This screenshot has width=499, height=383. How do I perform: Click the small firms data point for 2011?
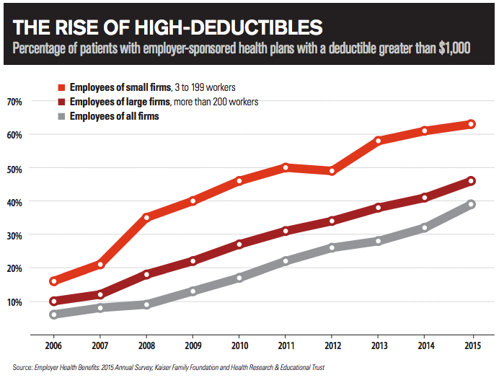(x=286, y=167)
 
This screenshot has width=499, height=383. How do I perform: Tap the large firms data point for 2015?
(x=472, y=180)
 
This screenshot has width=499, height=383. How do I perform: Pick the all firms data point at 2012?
(x=332, y=247)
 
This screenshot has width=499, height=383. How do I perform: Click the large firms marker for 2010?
(x=239, y=244)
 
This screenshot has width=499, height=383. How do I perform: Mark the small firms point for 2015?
(x=472, y=124)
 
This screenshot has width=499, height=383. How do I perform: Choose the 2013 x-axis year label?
(x=379, y=347)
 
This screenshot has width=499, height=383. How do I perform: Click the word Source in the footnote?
(x=22, y=368)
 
